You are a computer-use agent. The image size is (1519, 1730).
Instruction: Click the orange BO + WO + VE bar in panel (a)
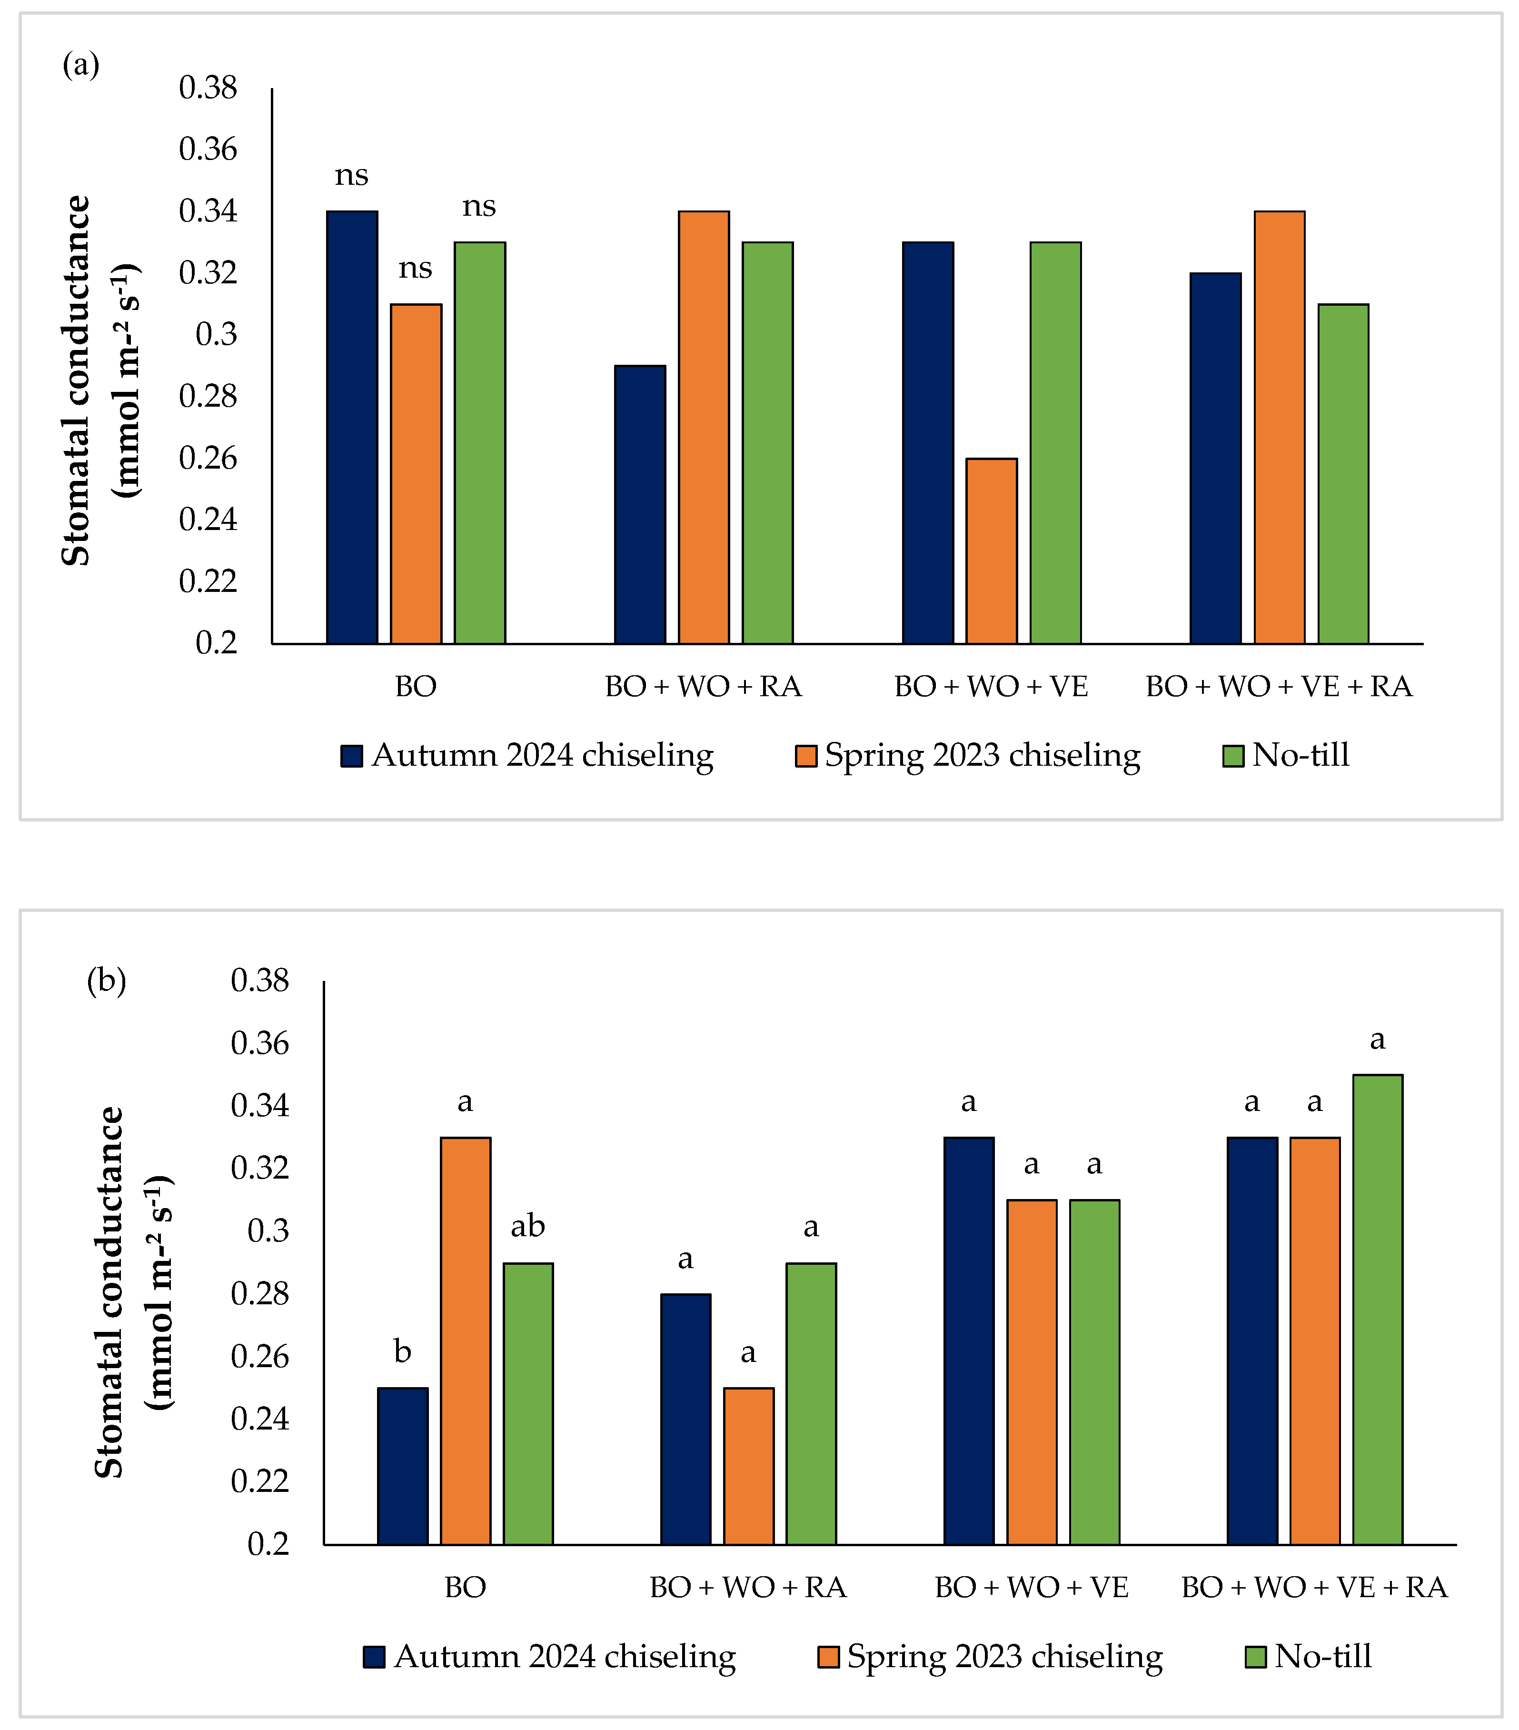[x=991, y=551]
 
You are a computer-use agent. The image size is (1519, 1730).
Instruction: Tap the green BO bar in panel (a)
[x=480, y=443]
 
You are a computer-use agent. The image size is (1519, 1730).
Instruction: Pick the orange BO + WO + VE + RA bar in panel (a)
[x=1280, y=428]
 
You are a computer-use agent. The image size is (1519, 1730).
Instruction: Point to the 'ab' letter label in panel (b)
[x=528, y=1226]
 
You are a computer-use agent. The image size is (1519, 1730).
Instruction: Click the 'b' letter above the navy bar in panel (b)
[x=403, y=1352]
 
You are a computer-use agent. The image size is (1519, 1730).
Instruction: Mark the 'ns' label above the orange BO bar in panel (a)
[x=416, y=268]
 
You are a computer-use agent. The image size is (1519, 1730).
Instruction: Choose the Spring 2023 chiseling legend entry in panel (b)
[x=990, y=1656]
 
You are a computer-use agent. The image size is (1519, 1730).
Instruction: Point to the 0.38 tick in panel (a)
[x=208, y=87]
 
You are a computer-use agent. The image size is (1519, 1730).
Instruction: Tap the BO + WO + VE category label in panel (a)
[x=992, y=686]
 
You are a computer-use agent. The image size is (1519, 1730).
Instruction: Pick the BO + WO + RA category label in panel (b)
[x=748, y=1587]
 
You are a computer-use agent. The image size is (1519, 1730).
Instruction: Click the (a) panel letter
[x=81, y=64]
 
